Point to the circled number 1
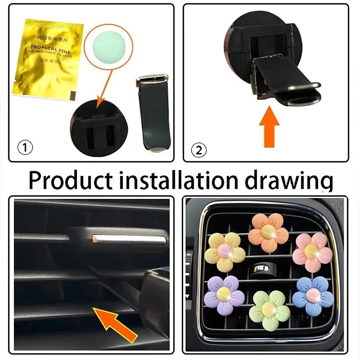coord(25,148)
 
